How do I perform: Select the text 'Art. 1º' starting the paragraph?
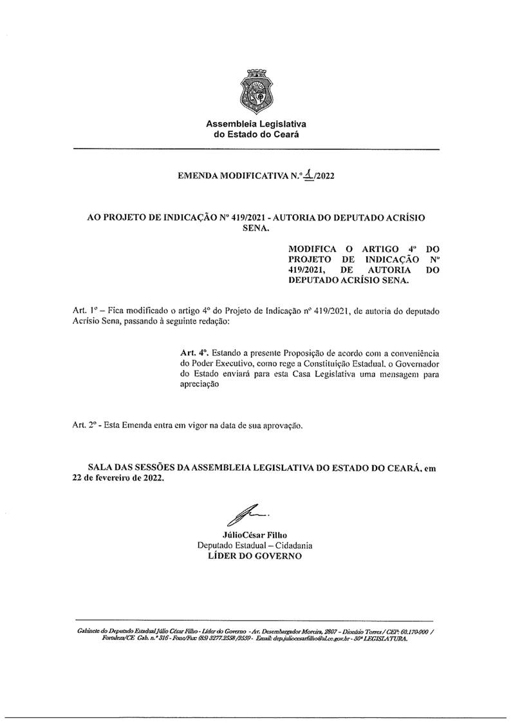point(85,310)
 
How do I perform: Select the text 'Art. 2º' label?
point(84,426)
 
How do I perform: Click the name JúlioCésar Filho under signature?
point(254,534)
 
